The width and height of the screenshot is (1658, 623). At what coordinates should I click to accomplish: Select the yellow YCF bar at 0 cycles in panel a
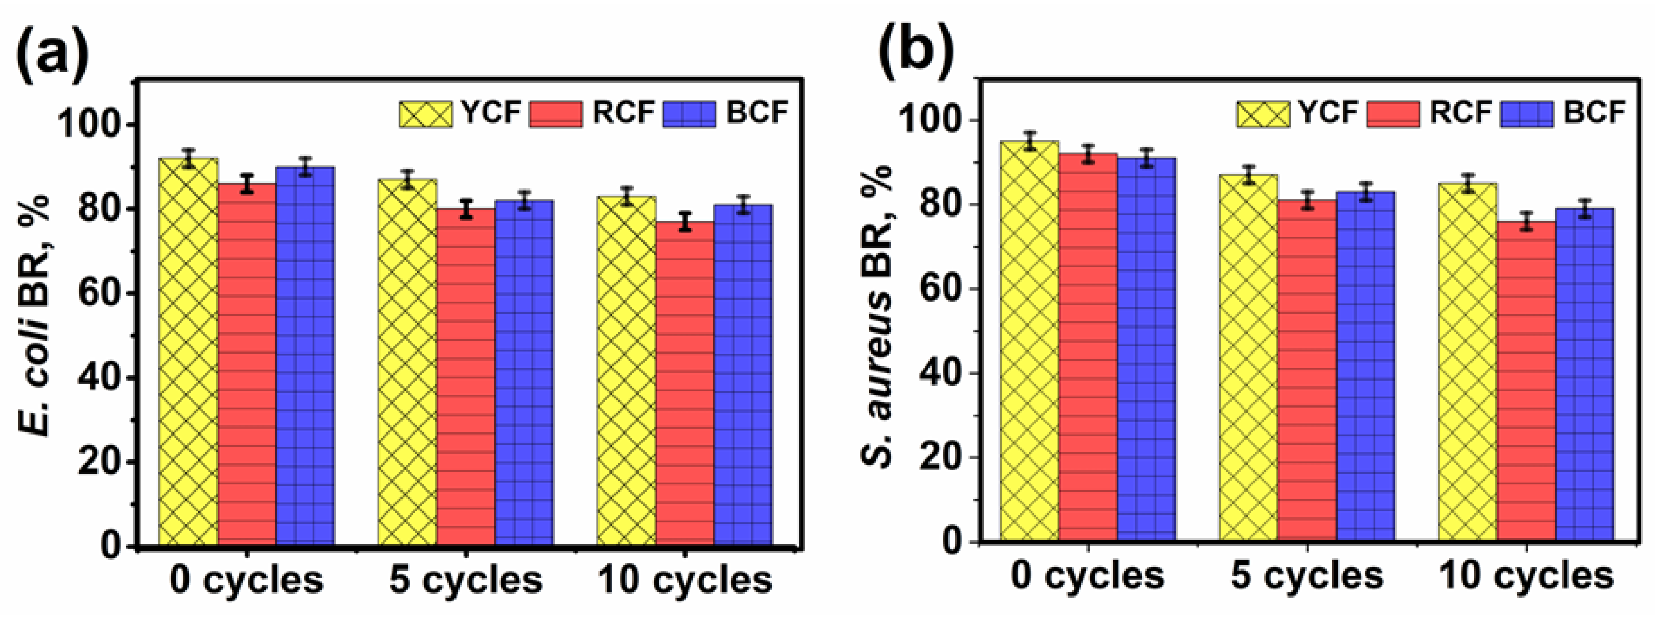188,354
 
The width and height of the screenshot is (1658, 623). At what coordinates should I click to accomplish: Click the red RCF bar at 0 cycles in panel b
1088,347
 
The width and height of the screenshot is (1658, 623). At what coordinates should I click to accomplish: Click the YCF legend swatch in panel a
425,114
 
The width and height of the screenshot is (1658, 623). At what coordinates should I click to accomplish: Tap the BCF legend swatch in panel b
1527,114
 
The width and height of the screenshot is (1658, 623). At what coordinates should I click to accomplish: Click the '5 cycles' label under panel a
465,581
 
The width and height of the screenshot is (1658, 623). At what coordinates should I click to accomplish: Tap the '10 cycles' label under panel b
1526,576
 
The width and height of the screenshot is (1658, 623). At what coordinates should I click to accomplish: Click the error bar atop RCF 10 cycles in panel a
685,222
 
